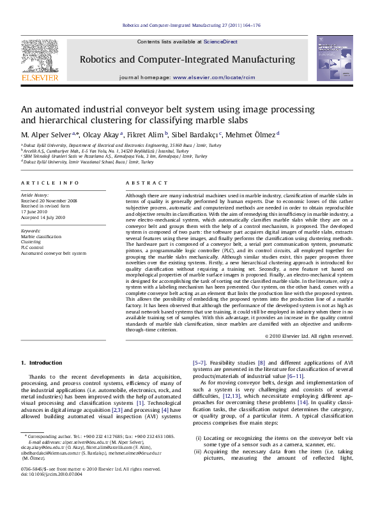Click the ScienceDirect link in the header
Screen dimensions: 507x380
pos(220,42)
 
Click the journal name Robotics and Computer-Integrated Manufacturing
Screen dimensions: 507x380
pos(187,59)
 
